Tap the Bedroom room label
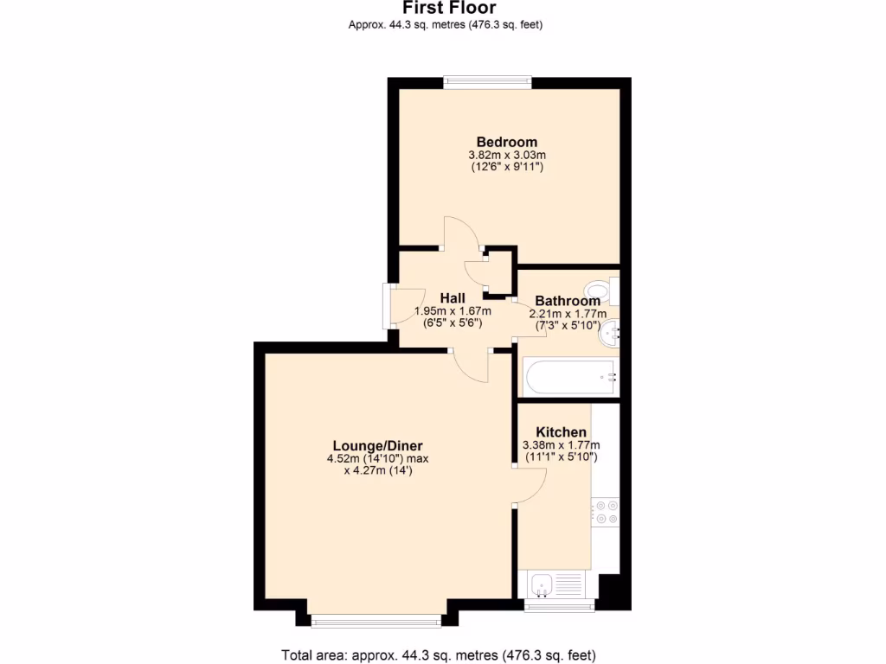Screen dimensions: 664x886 [x=507, y=142]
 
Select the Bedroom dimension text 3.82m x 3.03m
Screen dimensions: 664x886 [x=507, y=155]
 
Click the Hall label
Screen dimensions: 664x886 [x=453, y=298]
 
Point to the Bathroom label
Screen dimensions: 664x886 [x=567, y=301]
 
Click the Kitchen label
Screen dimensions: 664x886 [x=561, y=431]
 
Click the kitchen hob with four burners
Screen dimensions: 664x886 [x=605, y=512]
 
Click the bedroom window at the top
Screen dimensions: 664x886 [x=487, y=82]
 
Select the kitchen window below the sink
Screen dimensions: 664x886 [x=560, y=605]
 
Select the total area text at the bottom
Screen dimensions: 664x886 [x=439, y=654]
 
